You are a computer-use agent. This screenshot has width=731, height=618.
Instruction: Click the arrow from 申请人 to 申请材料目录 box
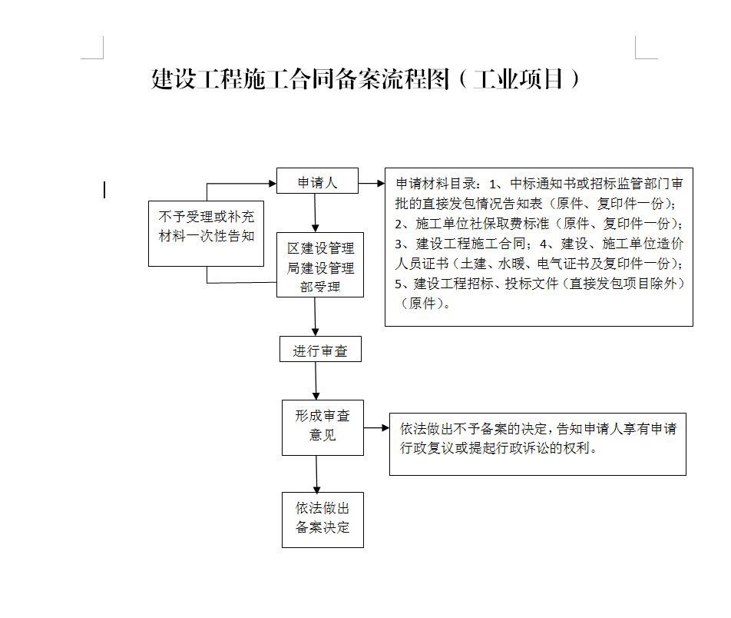click(x=372, y=184)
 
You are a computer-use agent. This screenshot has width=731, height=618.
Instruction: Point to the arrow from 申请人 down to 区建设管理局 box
click(x=315, y=213)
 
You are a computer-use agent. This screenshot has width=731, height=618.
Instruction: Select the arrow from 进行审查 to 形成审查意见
click(x=316, y=381)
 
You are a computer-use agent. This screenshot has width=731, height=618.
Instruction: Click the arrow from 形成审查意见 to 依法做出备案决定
click(x=316, y=474)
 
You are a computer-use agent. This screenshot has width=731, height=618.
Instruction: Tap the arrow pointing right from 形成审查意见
click(x=377, y=427)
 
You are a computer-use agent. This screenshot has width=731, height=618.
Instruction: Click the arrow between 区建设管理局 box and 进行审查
click(x=315, y=317)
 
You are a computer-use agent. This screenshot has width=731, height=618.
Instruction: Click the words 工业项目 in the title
click(x=518, y=79)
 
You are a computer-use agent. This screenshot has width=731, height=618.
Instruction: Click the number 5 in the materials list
click(x=398, y=284)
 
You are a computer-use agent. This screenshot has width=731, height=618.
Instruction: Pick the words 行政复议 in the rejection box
click(x=427, y=448)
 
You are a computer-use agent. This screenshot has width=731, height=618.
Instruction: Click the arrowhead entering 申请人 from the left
click(x=273, y=184)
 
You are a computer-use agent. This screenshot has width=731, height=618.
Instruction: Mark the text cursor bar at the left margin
click(x=104, y=190)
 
